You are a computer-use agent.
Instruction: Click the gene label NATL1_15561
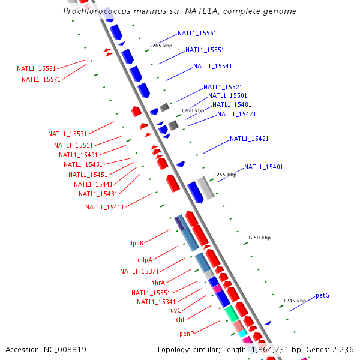click(197, 34)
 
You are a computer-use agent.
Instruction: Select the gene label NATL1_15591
click(36, 68)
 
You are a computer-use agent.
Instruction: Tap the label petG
click(322, 295)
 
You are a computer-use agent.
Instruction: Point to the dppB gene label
click(136, 244)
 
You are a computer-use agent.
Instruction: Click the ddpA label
click(145, 260)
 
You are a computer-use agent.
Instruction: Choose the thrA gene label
click(158, 283)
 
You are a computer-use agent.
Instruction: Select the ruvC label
click(175, 310)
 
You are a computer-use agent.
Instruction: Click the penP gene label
click(187, 334)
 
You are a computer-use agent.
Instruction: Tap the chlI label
click(181, 320)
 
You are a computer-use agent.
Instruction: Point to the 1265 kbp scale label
click(160, 46)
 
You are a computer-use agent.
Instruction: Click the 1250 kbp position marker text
click(260, 238)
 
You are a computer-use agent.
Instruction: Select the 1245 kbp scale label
click(295, 301)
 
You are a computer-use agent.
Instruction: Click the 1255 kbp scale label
click(225, 175)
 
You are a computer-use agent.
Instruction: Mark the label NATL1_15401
click(263, 167)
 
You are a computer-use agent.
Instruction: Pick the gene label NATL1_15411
click(104, 208)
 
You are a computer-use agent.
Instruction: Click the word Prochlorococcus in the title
click(95, 11)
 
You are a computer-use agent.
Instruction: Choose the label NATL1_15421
click(249, 139)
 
